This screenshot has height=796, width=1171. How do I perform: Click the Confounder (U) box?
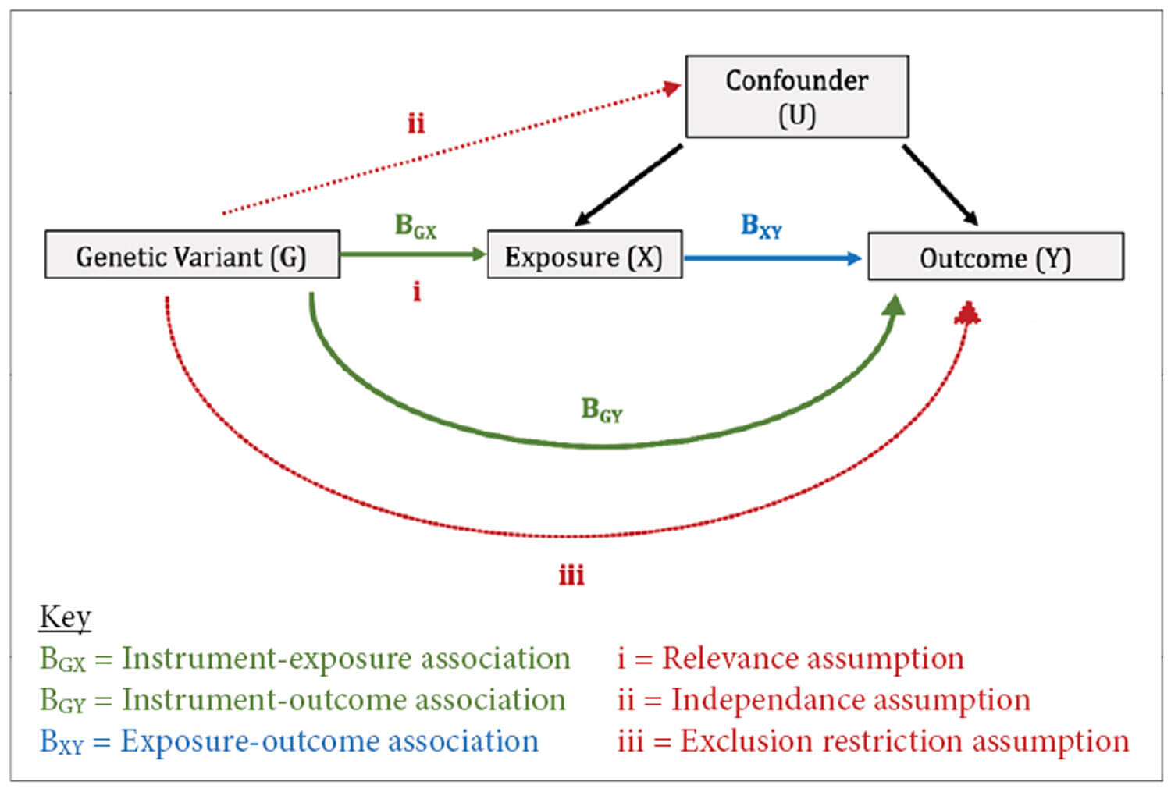(x=796, y=97)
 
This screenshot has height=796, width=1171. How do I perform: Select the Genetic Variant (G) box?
(x=192, y=254)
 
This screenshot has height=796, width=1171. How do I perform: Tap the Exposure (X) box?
(x=584, y=254)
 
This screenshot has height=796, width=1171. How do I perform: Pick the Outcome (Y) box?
(x=995, y=256)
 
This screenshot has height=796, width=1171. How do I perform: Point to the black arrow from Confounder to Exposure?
(x=628, y=185)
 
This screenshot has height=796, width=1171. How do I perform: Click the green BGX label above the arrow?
(x=415, y=226)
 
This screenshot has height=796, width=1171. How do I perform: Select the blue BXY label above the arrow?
(x=760, y=226)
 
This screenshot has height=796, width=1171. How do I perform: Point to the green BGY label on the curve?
(x=601, y=410)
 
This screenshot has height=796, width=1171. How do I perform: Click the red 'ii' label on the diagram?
(x=416, y=123)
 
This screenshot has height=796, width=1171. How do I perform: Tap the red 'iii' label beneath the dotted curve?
(x=571, y=576)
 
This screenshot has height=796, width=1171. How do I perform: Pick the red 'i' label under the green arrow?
(x=417, y=292)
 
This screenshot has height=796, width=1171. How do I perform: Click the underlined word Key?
(x=66, y=617)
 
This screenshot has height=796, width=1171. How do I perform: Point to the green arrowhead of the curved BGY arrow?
(x=894, y=305)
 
